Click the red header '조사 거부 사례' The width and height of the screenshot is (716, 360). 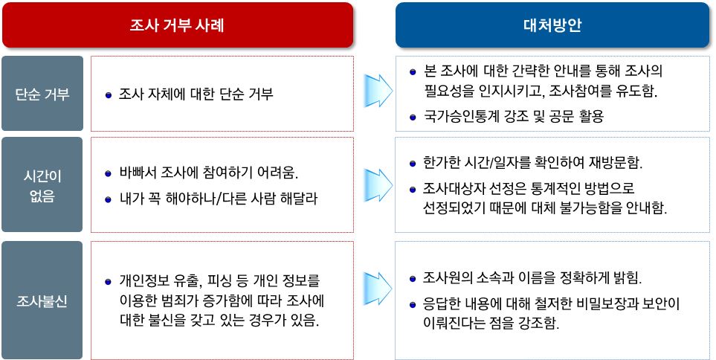click(178, 25)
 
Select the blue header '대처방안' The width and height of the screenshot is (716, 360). click(552, 25)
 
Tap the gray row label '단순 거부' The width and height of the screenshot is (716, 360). click(42, 94)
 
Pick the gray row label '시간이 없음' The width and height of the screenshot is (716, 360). click(42, 185)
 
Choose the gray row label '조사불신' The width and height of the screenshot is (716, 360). click(42, 300)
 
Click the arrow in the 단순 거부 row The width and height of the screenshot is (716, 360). click(378, 91)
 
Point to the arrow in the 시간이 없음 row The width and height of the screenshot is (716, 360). click(378, 185)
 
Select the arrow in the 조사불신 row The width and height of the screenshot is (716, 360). click(378, 289)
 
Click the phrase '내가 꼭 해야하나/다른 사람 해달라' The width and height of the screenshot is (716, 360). click(219, 199)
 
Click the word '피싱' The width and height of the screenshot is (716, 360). click(220, 280)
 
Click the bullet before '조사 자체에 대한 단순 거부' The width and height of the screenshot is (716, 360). click(109, 95)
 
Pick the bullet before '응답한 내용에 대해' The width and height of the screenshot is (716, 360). click(413, 304)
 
